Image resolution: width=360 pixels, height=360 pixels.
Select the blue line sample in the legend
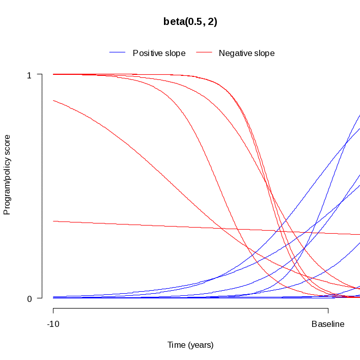pos(117,53)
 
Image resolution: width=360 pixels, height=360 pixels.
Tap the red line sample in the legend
pos(204,53)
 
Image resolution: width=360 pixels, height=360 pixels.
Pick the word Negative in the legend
pos(235,53)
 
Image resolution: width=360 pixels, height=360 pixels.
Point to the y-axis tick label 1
pos(29,75)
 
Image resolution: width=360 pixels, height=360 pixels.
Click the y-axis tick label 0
pos(29,299)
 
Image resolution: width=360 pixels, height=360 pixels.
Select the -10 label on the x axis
pos(53,324)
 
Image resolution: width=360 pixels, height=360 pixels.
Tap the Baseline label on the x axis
pos(328,324)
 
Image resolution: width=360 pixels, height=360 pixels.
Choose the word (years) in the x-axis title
pos(201,345)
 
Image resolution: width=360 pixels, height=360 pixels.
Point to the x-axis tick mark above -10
pos(53,310)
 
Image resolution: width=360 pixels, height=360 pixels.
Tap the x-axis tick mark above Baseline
pos(328,310)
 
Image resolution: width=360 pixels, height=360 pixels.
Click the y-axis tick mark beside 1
pos(39,74)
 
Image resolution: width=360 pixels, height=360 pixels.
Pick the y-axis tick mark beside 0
pos(39,298)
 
